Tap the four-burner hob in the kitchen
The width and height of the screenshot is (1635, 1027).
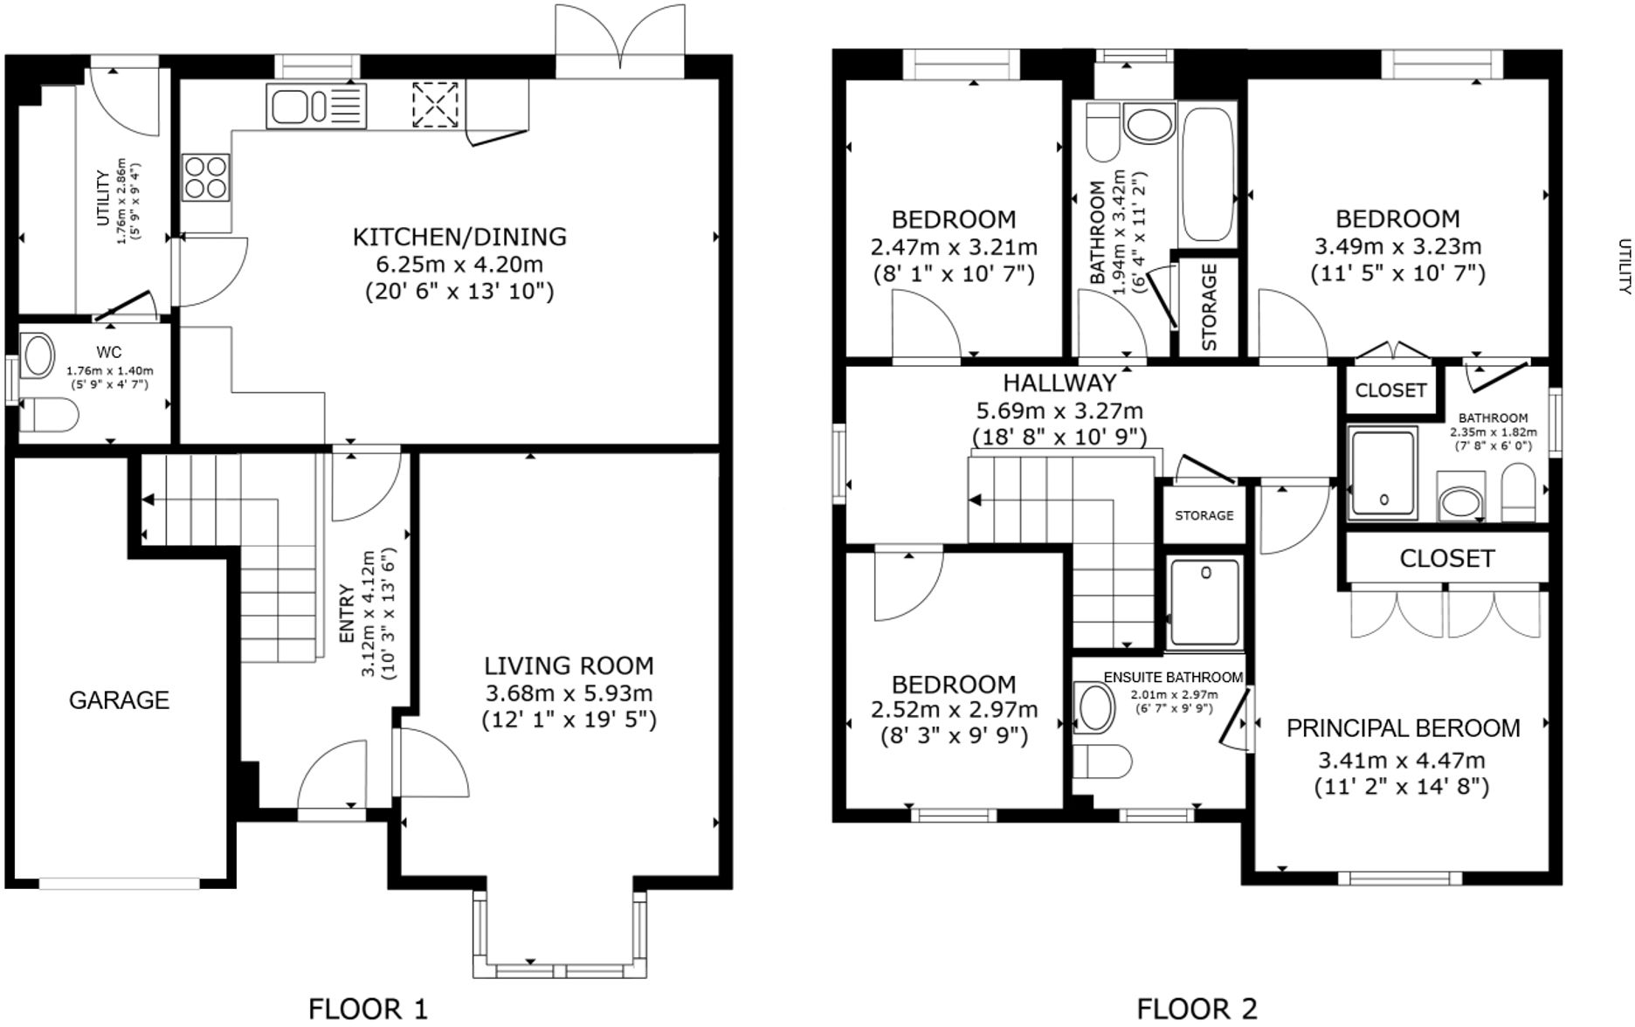[x=206, y=176]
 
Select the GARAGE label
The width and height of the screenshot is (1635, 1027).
[x=119, y=700]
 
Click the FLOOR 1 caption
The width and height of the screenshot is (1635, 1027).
[x=368, y=1010]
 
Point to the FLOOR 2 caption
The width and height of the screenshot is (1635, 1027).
[x=1197, y=1010]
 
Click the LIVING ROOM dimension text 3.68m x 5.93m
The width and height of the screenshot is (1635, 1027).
[x=569, y=693]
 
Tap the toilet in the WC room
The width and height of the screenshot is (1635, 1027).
[x=49, y=416]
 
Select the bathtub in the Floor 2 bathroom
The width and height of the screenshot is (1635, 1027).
[x=1207, y=173]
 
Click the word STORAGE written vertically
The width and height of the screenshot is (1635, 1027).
[x=1210, y=307]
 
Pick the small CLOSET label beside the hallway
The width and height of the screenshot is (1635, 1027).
[x=1390, y=390]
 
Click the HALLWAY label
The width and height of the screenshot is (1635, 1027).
[x=1059, y=383]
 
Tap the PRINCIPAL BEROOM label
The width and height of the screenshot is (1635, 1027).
[x=1403, y=728]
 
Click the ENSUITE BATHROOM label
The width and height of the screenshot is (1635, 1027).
[x=1172, y=678]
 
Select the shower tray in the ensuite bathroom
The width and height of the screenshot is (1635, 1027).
[x=1204, y=603]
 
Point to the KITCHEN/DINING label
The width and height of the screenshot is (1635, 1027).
[x=459, y=237]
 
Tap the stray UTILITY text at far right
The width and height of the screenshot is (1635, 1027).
[x=1624, y=266]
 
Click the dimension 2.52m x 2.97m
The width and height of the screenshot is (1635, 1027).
[x=954, y=709]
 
